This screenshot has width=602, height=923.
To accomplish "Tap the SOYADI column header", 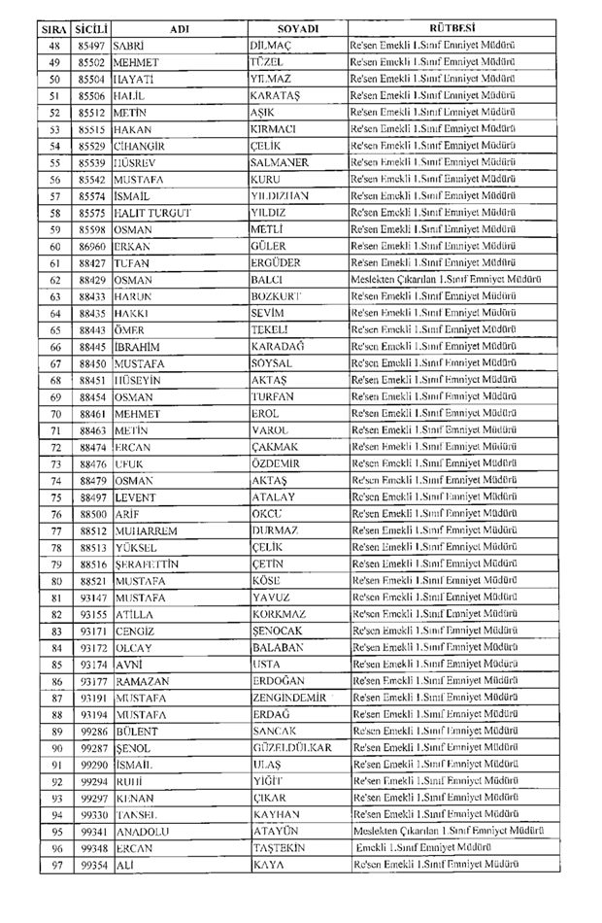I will click(297, 29).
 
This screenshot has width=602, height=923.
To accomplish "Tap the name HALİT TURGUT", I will click(152, 213).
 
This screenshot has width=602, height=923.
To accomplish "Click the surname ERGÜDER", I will click(276, 262).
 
